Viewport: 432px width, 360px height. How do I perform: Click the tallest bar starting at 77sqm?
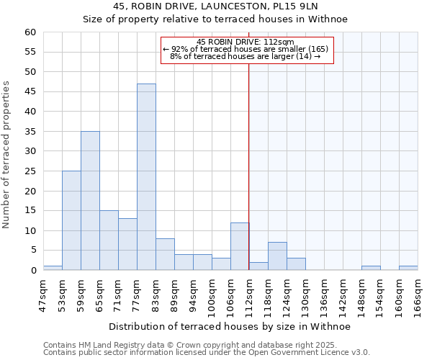tap(146, 177)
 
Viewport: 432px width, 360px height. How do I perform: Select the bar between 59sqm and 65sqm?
tap(90, 201)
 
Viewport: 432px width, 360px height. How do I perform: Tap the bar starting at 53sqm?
tap(71, 220)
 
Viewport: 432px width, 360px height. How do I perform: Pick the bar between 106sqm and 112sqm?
tap(240, 246)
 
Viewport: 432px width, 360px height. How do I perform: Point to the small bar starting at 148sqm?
tap(371, 268)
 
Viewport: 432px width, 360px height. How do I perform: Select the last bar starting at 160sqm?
tap(408, 268)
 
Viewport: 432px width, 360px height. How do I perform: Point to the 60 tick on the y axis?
tap(30, 32)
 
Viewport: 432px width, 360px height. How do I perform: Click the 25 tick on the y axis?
tap(30, 171)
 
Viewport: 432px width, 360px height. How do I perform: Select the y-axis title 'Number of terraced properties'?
tap(7, 155)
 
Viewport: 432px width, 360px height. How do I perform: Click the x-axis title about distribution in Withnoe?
tap(230, 327)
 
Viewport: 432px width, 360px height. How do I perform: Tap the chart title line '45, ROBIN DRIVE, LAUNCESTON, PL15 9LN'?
tap(230, 6)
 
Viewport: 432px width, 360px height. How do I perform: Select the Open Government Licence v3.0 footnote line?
tap(206, 353)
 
